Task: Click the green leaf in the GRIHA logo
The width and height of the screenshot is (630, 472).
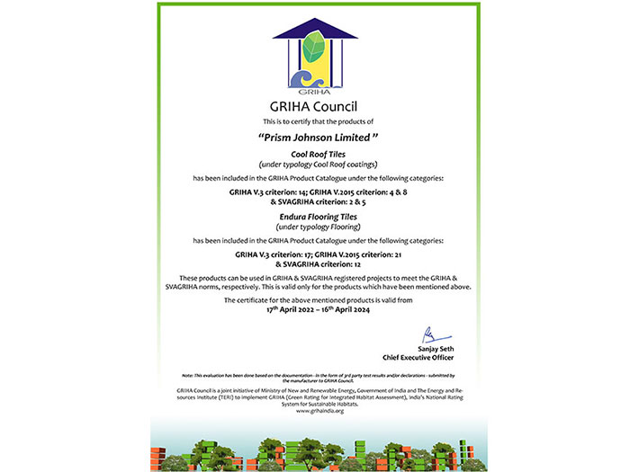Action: (x=316, y=46)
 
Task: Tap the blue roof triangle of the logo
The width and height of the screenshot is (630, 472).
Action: (x=314, y=28)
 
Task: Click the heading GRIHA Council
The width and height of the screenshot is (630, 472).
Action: (x=315, y=104)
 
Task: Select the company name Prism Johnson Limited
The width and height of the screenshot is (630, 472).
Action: (x=315, y=138)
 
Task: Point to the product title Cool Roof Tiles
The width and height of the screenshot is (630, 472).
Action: (x=315, y=156)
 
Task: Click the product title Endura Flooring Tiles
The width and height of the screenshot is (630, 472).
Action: (x=315, y=217)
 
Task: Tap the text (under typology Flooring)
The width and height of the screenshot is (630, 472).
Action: (x=315, y=227)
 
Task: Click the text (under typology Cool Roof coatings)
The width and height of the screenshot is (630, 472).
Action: (x=315, y=165)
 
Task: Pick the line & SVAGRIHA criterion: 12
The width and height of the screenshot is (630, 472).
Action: (x=315, y=264)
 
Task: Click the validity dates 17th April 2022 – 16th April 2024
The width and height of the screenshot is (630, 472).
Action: (x=315, y=307)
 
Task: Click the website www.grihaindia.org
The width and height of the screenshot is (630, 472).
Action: (x=315, y=411)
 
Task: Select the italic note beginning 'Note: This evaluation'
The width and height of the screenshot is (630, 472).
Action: (x=315, y=376)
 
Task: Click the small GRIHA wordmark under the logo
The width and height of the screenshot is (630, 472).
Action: (x=314, y=89)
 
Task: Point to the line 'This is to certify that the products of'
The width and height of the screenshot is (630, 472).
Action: (x=315, y=120)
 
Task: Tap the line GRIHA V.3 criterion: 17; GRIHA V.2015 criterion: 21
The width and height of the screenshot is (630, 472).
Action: (x=315, y=255)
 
